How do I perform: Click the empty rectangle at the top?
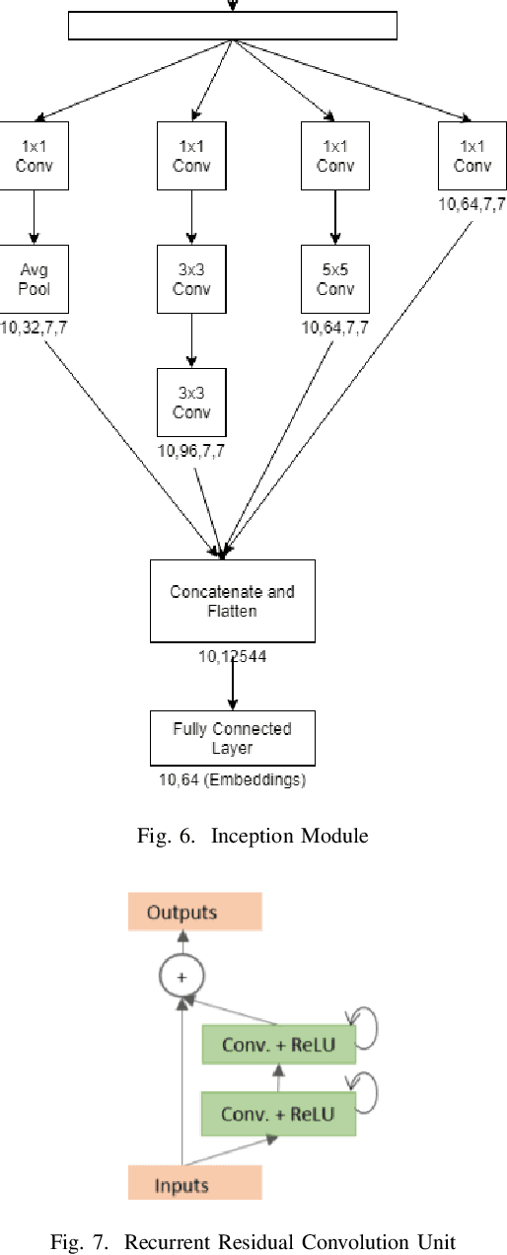point(232,26)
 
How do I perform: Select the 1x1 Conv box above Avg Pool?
point(35,156)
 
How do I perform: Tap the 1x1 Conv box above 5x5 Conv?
point(335,156)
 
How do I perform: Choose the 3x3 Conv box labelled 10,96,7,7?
point(191,403)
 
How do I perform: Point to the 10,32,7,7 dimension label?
point(35,328)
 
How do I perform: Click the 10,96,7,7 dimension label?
point(191,451)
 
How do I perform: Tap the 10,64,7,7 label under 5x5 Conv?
point(335,328)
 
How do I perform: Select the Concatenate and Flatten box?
point(232,601)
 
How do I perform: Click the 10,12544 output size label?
point(232,655)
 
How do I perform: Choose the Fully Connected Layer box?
point(232,738)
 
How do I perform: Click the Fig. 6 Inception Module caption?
point(253,837)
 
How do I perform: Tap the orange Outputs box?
point(194,912)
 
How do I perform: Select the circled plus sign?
point(181,976)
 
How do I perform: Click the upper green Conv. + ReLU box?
point(278,1045)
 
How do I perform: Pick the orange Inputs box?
point(181,1183)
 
